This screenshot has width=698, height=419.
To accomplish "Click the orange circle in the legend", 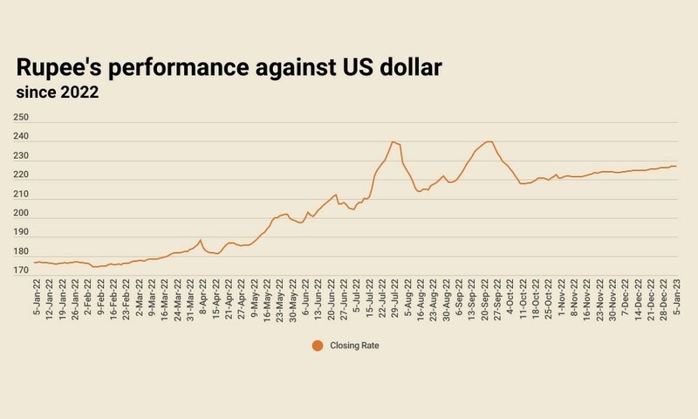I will point(317,346).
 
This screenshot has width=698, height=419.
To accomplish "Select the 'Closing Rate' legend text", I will point(353,346).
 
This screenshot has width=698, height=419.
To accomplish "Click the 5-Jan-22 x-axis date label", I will point(37,299).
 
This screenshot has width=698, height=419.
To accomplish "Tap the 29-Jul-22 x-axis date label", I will point(393,299).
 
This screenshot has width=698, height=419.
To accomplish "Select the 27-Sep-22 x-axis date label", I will point(496,299).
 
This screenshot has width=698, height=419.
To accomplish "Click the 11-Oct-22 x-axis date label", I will point(522,299).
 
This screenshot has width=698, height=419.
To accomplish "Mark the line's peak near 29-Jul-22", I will point(393,141).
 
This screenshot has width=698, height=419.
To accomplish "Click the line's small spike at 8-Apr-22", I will point(201,240).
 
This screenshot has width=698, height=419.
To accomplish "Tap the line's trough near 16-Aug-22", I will point(419,191).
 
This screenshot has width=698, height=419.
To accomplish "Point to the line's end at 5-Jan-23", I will point(676,166).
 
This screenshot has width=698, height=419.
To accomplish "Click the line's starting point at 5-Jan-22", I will point(34,262).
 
